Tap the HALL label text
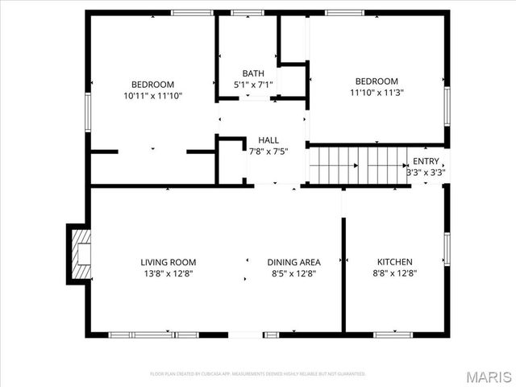click(268, 140)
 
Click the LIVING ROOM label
click(168, 262)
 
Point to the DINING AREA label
click(294, 262)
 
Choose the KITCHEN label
click(395, 262)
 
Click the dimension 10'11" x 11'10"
click(152, 95)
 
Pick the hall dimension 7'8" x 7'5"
click(268, 151)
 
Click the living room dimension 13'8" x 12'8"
click(168, 273)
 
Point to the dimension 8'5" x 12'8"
click(294, 273)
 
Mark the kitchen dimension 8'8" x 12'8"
click(395, 273)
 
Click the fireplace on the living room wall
click(79, 254)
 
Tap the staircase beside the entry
click(359, 166)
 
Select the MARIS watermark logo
click(488, 376)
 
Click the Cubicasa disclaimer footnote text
click(258, 374)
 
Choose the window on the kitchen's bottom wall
click(393, 334)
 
